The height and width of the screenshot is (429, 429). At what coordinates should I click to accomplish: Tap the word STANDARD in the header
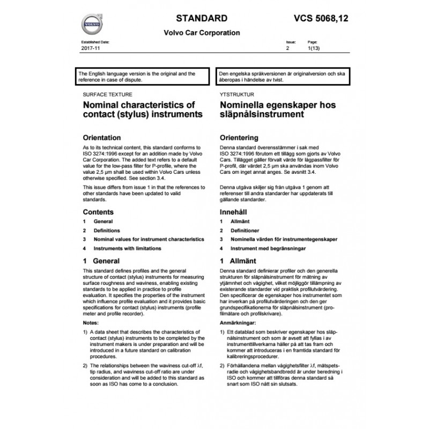pos(198,18)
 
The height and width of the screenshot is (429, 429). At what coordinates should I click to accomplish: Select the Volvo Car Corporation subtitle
pos(202,33)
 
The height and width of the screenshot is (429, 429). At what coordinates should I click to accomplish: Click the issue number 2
pos(288,48)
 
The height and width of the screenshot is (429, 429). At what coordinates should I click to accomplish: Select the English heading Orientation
pos(102,137)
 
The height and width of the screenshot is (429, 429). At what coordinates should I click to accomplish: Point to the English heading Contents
pos(98,212)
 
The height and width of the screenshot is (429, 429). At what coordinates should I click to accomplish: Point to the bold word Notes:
pos(91,324)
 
